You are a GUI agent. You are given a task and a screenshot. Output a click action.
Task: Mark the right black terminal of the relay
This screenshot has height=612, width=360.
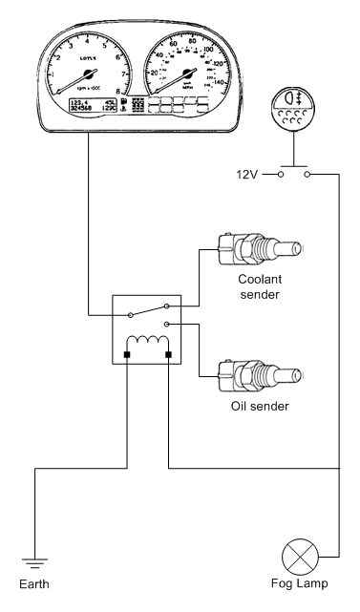pyautogui.click(x=169, y=356)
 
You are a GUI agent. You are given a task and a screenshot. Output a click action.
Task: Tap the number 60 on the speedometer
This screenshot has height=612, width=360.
pyautogui.click(x=173, y=43)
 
